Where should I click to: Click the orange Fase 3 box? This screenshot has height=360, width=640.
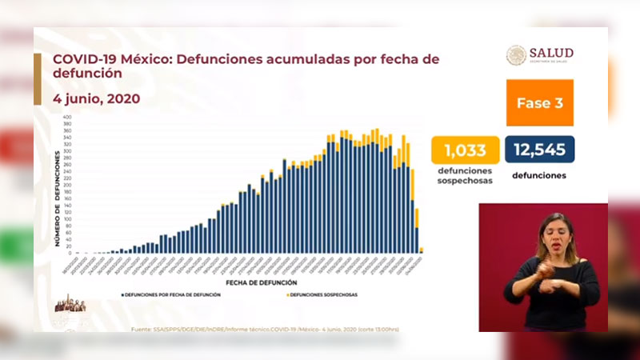click(x=539, y=103)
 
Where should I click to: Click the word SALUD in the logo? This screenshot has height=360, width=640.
click(x=552, y=53)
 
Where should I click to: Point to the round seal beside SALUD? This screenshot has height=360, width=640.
click(x=517, y=55)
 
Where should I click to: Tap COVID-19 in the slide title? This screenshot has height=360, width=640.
click(x=86, y=59)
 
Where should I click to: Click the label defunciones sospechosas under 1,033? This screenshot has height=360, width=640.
click(x=464, y=176)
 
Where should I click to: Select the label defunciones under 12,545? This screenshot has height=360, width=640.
click(x=540, y=175)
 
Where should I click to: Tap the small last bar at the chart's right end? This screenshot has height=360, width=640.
click(x=422, y=250)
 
